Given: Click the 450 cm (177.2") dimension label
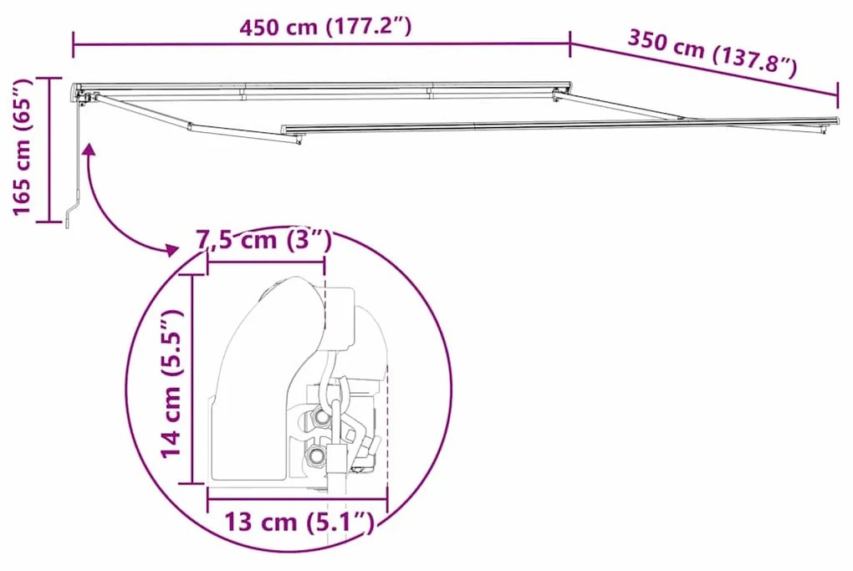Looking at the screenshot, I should pos(324,27).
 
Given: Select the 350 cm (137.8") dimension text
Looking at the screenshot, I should pos(711,52).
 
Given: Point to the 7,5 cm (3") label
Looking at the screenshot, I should pos(264,241).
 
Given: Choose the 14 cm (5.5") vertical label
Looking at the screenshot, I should pos(172,383).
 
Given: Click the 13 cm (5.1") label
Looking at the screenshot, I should pos(298,523).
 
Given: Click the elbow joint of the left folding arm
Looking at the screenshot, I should pos(191,127).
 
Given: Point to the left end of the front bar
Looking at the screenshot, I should pos(284,130).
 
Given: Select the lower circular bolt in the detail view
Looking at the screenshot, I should pos(315,455).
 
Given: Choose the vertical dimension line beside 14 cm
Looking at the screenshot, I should pos(194,380).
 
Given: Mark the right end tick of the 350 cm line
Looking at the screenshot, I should pos(837,89).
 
